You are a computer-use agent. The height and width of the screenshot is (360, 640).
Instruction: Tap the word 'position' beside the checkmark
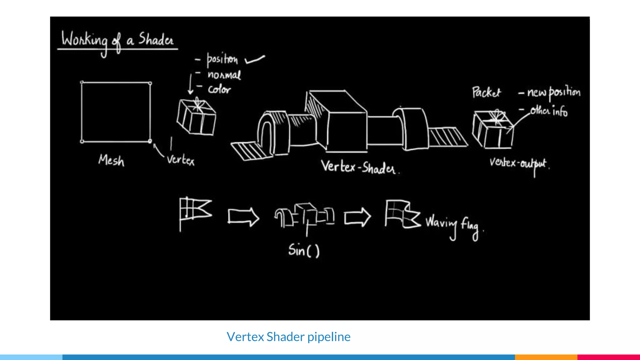click(x=222, y=59)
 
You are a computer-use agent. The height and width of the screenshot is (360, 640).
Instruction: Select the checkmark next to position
click(x=255, y=59)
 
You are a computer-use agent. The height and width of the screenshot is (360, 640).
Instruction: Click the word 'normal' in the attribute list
click(x=224, y=75)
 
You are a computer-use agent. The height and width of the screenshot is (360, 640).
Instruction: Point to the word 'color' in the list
click(x=219, y=90)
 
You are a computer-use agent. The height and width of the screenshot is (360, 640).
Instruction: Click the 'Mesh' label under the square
click(x=111, y=161)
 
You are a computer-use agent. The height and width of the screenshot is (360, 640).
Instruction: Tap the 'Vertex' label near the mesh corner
click(x=181, y=160)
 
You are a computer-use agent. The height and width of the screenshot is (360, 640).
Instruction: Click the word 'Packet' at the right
click(x=486, y=92)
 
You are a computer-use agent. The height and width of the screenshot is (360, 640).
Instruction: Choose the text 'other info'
click(x=549, y=111)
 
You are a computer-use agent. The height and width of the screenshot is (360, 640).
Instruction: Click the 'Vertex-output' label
click(x=518, y=163)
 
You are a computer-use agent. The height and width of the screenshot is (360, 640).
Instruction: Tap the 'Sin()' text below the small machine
click(x=304, y=250)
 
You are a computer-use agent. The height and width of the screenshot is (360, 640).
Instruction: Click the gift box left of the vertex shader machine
click(x=196, y=117)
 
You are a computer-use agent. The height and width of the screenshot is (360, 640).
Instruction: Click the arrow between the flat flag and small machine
click(x=243, y=216)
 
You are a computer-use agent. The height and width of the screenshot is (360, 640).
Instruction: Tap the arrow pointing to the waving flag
click(x=357, y=217)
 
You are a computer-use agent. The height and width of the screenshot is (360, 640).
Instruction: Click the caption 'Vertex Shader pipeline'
click(x=288, y=337)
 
